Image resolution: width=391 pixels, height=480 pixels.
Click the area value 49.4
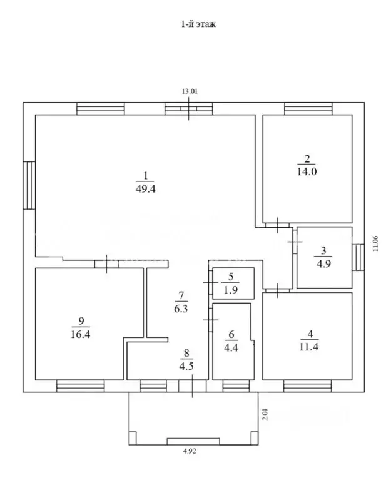[x=145, y=188]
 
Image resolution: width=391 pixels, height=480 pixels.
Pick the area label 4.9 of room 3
[x=323, y=263]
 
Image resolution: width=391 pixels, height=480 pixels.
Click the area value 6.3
[x=181, y=307]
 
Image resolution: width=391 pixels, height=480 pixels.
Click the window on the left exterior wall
[x=29, y=186]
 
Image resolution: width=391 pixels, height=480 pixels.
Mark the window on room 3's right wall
[x=358, y=257]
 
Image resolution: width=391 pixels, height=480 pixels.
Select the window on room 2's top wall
[x=308, y=109]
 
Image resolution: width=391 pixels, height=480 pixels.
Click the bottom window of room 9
[x=80, y=386]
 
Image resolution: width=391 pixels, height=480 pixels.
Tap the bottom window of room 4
[x=308, y=386]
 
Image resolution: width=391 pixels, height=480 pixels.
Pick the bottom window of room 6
[x=235, y=386]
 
